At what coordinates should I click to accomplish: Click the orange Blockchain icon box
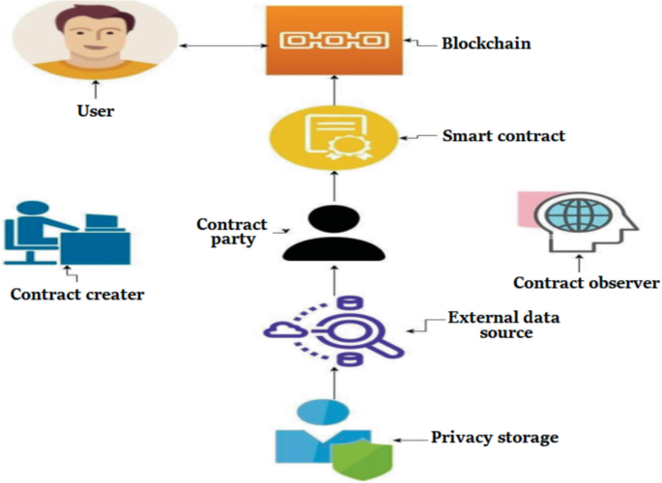[x=334, y=41]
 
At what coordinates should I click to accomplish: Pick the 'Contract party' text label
[x=232, y=233]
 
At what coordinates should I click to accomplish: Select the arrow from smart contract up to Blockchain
[x=334, y=94]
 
